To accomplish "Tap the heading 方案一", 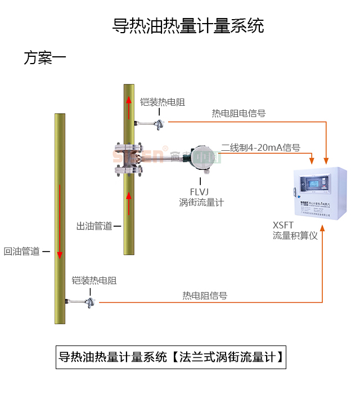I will click(45, 58).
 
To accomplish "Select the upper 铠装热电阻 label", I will click(162, 102).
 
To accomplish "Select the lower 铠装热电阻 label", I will click(94, 280).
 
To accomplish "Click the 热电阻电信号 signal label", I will click(238, 113).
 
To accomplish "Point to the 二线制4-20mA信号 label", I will click(260, 147).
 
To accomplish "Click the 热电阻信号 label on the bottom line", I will click(205, 295).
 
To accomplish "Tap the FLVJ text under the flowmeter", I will click(200, 191).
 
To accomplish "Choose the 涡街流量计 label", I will click(201, 202).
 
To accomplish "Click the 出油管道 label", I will click(94, 226).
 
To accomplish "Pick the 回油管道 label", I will click(22, 252).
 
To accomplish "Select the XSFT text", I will click(283, 225).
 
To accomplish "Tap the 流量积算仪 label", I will click(295, 236).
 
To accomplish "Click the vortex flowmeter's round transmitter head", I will click(202, 157).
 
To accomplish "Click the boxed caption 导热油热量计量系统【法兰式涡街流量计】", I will click(170, 357).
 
